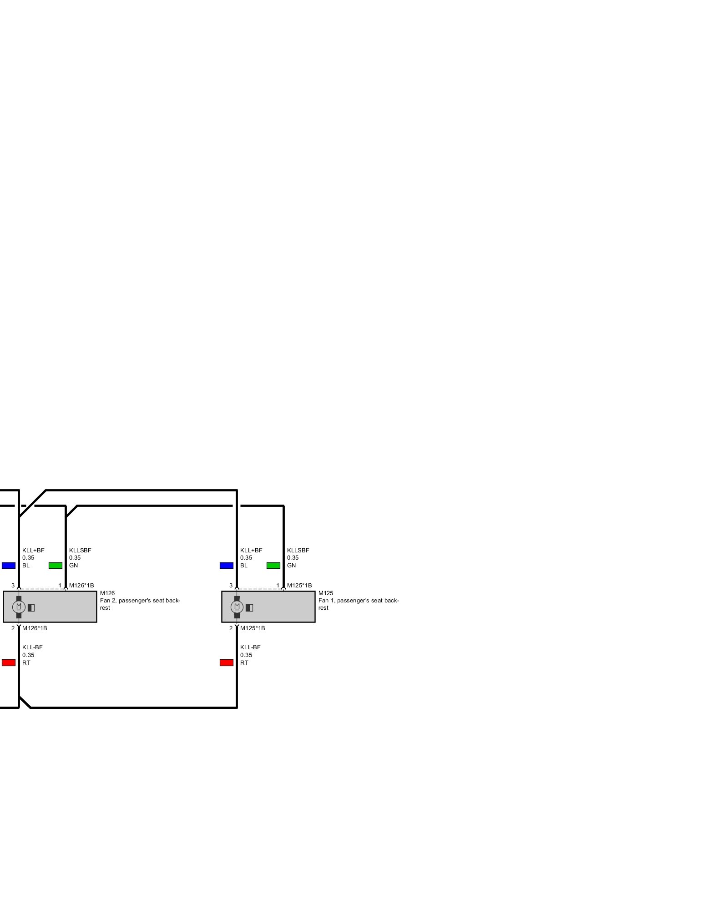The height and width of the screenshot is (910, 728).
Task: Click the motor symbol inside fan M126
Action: tap(19, 607)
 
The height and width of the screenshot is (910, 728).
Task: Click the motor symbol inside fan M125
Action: tap(237, 607)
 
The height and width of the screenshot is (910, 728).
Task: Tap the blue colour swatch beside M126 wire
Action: tap(9, 566)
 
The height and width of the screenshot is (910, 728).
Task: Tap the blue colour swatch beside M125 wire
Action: tap(227, 566)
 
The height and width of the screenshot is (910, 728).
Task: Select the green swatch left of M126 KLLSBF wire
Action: tap(56, 566)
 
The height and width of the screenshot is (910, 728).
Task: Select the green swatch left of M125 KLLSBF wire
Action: tap(273, 566)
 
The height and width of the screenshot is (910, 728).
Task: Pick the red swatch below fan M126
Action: tap(9, 663)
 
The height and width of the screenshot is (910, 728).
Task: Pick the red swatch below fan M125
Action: tap(227, 663)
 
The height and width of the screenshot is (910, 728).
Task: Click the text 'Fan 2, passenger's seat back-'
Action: tap(140, 601)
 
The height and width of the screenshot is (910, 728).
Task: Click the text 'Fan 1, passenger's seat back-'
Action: tap(359, 601)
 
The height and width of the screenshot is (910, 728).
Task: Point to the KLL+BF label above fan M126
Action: tap(33, 550)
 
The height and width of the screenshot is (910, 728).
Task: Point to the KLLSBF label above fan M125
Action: tap(298, 550)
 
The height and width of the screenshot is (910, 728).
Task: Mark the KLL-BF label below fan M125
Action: tap(250, 647)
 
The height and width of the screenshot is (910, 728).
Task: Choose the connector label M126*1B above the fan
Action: tap(81, 586)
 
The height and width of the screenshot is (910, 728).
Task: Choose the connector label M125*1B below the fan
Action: tap(253, 628)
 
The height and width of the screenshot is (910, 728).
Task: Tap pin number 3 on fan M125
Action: tap(231, 586)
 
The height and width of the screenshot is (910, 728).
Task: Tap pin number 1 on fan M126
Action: tap(60, 586)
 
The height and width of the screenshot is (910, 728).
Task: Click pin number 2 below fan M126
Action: tap(13, 628)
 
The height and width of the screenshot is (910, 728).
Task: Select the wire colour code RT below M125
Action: tap(244, 663)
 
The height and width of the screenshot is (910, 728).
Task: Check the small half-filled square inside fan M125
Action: tap(249, 607)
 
